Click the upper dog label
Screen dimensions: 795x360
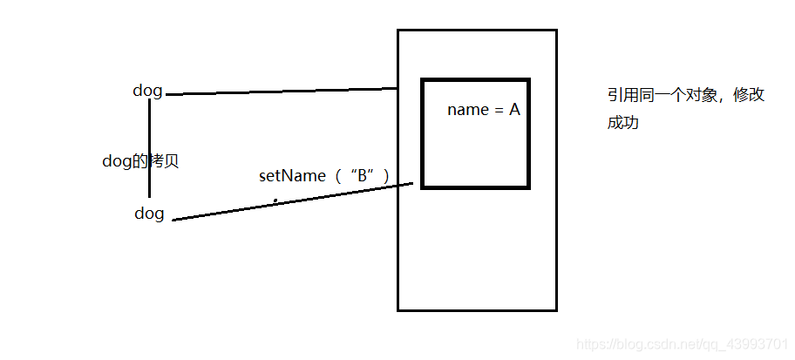click(147, 92)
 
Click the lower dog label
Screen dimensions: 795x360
click(150, 214)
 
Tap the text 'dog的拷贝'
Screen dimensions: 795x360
click(140, 162)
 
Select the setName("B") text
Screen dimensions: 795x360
click(325, 176)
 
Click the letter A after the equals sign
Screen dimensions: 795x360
click(514, 110)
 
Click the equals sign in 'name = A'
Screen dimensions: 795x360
click(496, 111)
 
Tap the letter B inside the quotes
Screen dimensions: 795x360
click(363, 176)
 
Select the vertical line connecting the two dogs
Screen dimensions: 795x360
click(150, 148)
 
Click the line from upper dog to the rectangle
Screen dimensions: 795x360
click(282, 92)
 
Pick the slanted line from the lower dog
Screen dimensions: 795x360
click(293, 201)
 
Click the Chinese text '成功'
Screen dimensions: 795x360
click(622, 123)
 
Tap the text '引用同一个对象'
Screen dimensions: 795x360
click(662, 95)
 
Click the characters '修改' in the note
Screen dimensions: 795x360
click(749, 95)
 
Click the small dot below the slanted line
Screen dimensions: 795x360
click(275, 200)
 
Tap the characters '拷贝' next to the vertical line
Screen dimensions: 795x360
click(163, 162)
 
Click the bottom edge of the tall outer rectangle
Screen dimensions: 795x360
click(477, 309)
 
